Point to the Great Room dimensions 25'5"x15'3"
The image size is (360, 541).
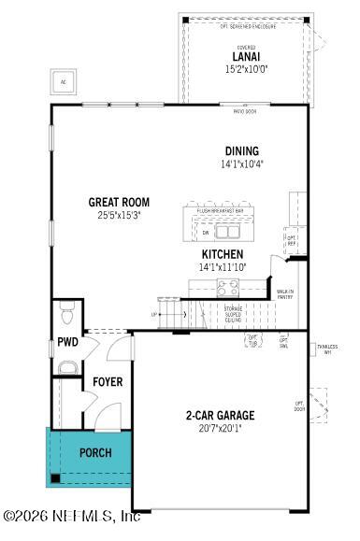[x=119, y=215]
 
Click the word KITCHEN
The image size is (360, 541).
[x=223, y=254]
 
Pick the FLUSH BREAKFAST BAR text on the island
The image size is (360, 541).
[x=221, y=211]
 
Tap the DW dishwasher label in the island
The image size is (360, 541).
[x=206, y=232]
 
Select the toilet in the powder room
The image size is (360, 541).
[x=65, y=309]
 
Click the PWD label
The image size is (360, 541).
[x=66, y=342]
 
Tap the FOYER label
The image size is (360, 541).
[x=108, y=382]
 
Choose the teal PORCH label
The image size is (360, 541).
[x=94, y=453]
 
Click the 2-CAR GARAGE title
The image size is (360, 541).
[x=219, y=415]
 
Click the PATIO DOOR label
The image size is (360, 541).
[x=245, y=109]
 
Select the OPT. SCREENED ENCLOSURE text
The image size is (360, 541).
[x=245, y=25]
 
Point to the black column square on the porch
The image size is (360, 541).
[x=56, y=478]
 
